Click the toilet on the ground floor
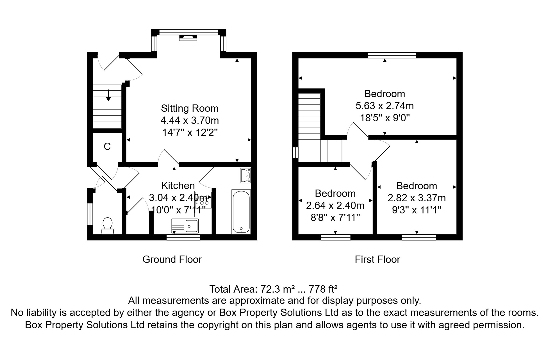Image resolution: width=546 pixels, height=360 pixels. [x=108, y=226]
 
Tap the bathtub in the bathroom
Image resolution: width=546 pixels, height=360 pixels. [x=241, y=211]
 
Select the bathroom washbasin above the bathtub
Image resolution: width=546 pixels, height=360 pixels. [x=245, y=175]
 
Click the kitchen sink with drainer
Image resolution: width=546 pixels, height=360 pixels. [x=185, y=226]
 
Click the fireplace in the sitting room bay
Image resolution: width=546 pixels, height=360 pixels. [x=188, y=38]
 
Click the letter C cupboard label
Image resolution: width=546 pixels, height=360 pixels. [x=107, y=147]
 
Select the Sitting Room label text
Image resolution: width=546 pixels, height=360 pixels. [x=190, y=108]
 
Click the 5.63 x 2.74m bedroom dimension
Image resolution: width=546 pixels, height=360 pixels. [x=385, y=106]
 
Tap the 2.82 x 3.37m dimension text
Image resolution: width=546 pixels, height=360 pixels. [x=417, y=198]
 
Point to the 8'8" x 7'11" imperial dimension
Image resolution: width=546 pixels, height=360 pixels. [x=335, y=217]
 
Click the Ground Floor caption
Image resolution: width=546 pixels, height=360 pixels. [x=172, y=259]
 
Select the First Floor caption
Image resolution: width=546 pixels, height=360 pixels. [x=377, y=259]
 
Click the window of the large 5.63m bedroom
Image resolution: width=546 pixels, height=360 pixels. [x=392, y=55]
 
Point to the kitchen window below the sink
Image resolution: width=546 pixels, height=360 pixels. [x=183, y=237]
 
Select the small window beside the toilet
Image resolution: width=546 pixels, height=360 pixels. [x=90, y=214]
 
